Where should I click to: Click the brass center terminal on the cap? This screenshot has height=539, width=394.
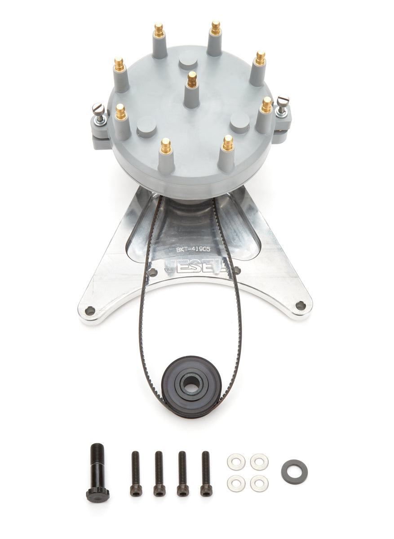192,80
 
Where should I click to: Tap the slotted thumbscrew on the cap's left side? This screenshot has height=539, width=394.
98,109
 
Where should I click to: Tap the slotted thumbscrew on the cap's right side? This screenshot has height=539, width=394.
282,102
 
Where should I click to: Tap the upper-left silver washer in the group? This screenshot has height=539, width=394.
236,462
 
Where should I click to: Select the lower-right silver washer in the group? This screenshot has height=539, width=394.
259,483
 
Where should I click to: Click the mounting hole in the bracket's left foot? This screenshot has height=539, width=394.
90,310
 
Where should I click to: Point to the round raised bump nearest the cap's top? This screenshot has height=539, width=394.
188,59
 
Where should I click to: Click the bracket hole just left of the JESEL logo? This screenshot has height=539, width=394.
153,272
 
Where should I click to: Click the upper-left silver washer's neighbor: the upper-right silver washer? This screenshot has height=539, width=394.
259,462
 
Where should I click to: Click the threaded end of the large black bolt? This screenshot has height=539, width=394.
97,451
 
